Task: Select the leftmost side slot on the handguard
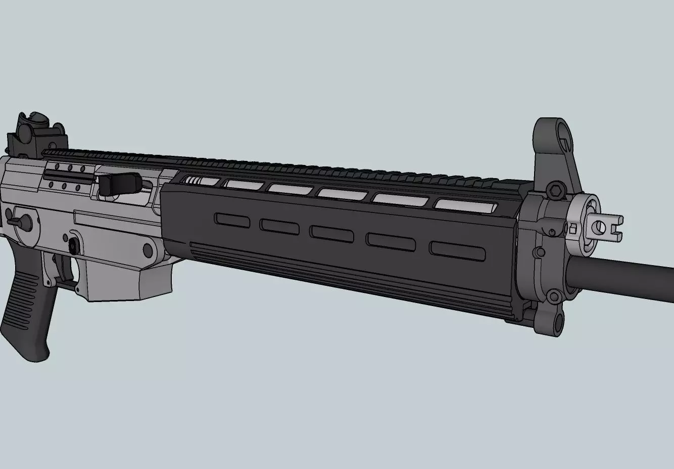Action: tap(232, 220)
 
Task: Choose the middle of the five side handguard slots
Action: tap(331, 232)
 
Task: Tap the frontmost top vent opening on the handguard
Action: tap(465, 205)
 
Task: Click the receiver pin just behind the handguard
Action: tap(148, 249)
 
